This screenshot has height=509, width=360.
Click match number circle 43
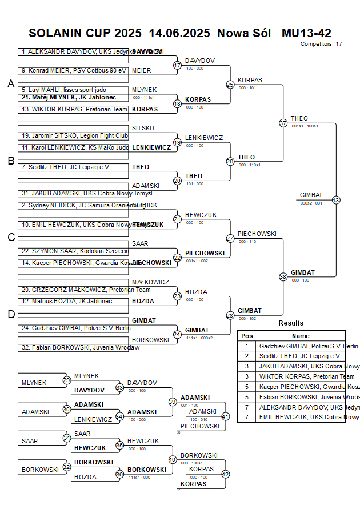pyautogui.click(x=335, y=200)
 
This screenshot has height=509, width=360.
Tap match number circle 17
pyautogui.click(x=177, y=65)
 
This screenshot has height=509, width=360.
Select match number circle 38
pyautogui.click(x=283, y=277)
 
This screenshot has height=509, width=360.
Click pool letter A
pyautogui.click(x=10, y=84)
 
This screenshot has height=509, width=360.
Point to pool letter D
pyautogui.click(x=10, y=314)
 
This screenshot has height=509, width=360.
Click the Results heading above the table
pyautogui.click(x=291, y=323)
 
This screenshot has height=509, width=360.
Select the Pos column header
pyautogui.click(x=247, y=336)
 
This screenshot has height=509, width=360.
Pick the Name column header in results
pyautogui.click(x=301, y=336)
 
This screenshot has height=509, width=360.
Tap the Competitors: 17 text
pyautogui.click(x=321, y=43)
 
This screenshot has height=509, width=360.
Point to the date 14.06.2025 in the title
pyautogui.click(x=179, y=33)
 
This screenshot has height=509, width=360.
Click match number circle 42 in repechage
pyautogui.click(x=225, y=474)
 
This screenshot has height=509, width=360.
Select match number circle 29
pyautogui.click(x=67, y=380)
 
